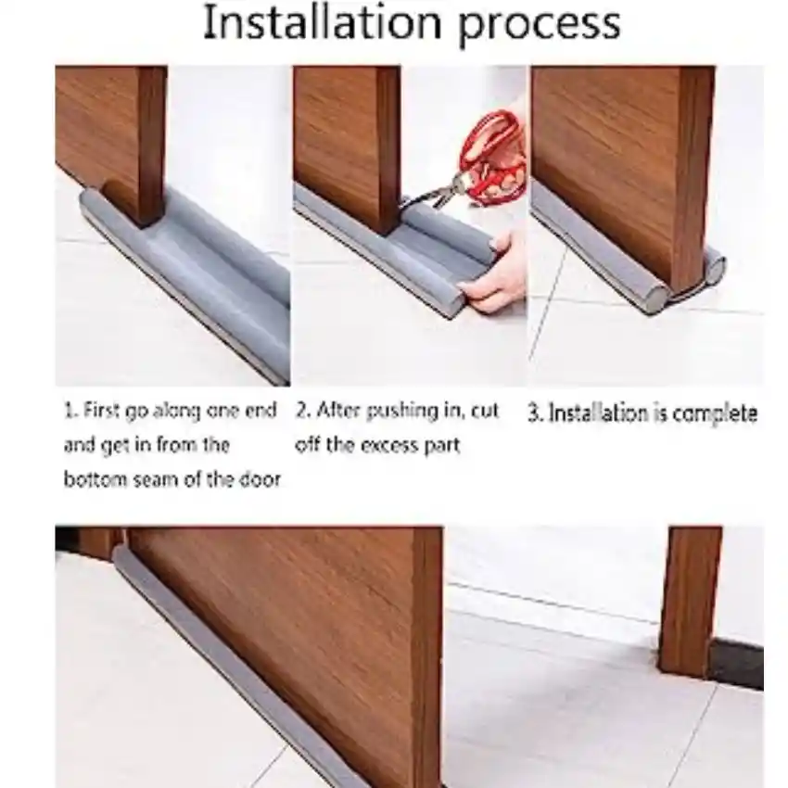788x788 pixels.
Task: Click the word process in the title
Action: coord(540,26)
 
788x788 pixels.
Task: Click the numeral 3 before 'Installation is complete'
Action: coord(533,413)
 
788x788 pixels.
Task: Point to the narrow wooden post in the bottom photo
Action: coord(690,602)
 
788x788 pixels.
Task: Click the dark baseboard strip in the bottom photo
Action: coord(736,664)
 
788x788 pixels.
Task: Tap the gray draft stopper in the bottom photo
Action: coord(261,673)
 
